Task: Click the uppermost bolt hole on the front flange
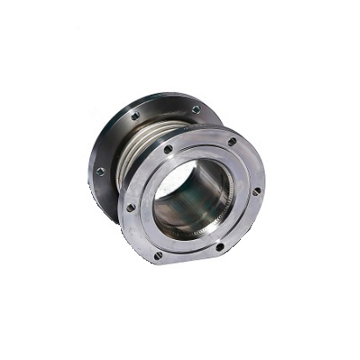click(231, 141)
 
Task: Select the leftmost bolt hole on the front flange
click(131, 208)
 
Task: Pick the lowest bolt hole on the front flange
click(158, 256)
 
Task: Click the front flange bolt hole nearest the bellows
click(167, 150)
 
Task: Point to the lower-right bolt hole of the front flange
click(220, 247)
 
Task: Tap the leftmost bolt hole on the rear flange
click(101, 171)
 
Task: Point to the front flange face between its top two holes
click(200, 140)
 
